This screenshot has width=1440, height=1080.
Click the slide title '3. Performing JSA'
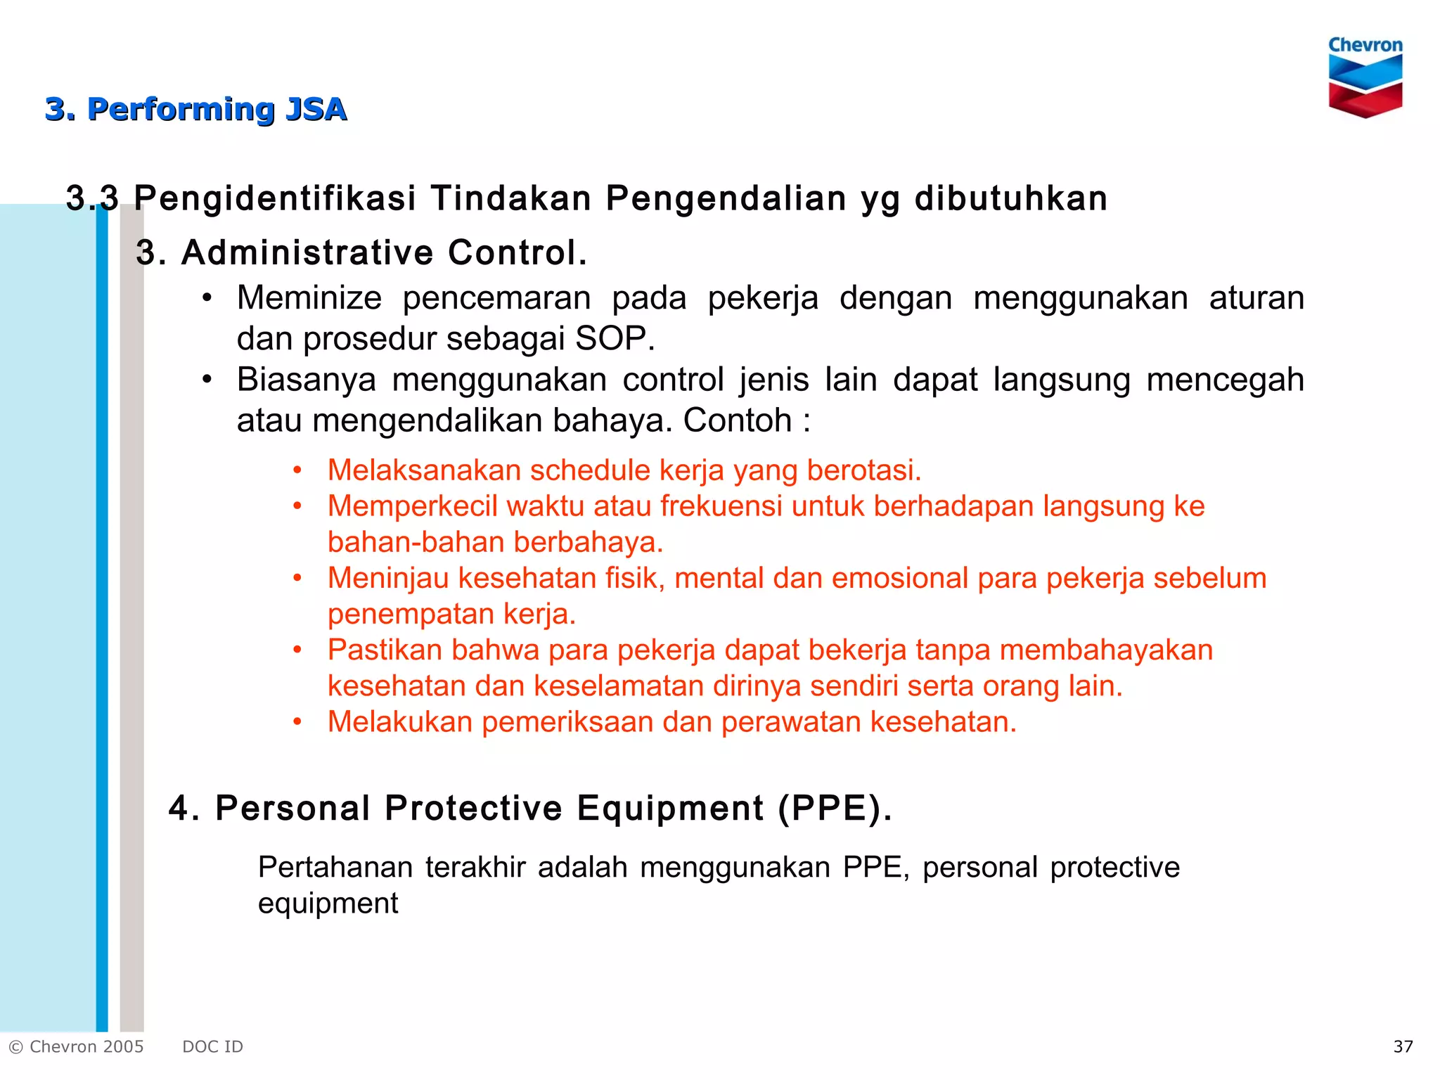coord(196,110)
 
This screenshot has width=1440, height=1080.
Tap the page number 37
coord(1403,1047)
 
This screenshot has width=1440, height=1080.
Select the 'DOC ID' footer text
coord(212,1047)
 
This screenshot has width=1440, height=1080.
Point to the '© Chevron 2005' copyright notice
coord(76,1047)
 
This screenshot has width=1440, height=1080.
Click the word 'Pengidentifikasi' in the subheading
coord(275,198)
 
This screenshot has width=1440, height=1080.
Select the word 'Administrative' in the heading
coord(307,252)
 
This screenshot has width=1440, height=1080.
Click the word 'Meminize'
coord(309,298)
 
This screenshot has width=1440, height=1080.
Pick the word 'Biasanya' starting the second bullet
coord(307,380)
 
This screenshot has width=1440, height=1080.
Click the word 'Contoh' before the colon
coord(738,421)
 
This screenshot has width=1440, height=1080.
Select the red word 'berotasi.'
coord(864,470)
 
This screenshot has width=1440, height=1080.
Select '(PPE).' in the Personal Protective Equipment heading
coord(835,808)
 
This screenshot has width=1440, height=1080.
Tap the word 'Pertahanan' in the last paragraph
coord(335,868)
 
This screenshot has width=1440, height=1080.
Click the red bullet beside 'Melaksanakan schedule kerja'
coord(297,470)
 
